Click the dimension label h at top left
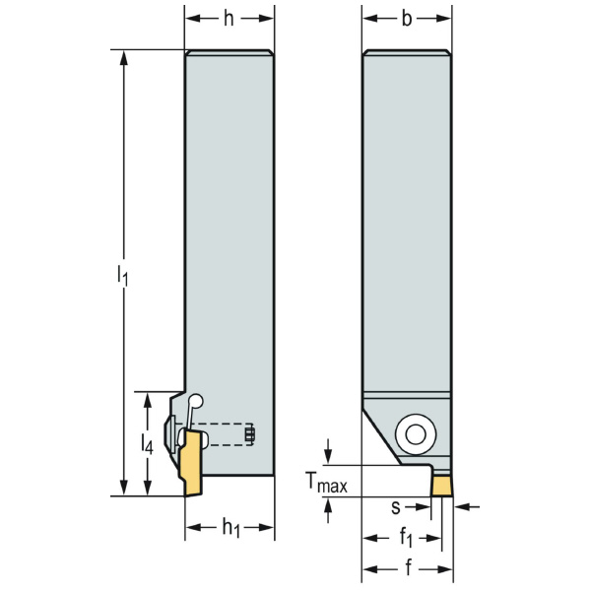[x=230, y=19]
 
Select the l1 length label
[x=123, y=276]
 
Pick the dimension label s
[x=395, y=507]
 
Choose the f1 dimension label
[x=406, y=539]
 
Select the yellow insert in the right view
[x=443, y=485]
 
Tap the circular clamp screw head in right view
[x=412, y=432]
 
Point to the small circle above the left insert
[x=197, y=402]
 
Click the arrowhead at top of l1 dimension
[x=123, y=57]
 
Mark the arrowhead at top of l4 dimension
[x=149, y=398]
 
